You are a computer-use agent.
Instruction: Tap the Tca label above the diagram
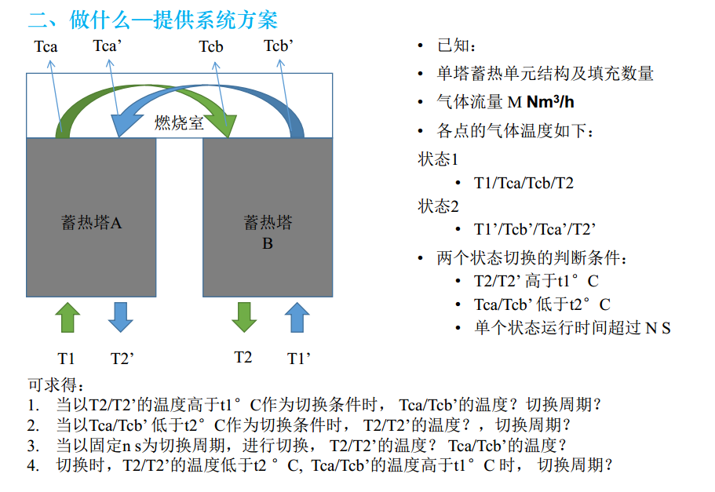pyautogui.click(x=46, y=47)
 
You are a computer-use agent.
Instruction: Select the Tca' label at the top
pyautogui.click(x=108, y=46)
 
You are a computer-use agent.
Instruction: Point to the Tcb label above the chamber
pyautogui.click(x=211, y=47)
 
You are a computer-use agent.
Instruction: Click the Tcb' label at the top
pyautogui.click(x=279, y=46)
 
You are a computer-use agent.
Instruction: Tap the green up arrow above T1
pyautogui.click(x=68, y=317)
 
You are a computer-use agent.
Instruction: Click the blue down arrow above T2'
pyautogui.click(x=120, y=317)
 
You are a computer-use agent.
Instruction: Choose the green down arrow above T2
pyautogui.click(x=244, y=317)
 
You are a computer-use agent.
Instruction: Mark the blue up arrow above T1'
pyautogui.click(x=296, y=317)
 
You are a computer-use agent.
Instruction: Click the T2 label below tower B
pyautogui.click(x=243, y=358)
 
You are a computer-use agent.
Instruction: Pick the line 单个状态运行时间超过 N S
pyautogui.click(x=573, y=328)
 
